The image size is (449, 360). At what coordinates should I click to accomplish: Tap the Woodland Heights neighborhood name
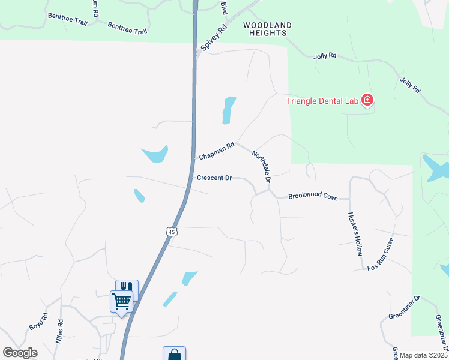tap(267, 29)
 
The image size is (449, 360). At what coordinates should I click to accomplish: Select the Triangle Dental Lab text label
tap(322, 101)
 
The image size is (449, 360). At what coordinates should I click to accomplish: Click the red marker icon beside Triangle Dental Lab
tap(367, 101)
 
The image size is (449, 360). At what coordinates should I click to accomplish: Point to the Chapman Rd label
tap(216, 151)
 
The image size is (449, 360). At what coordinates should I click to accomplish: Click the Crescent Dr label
tap(214, 178)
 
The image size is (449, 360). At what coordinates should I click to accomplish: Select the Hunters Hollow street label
tap(355, 234)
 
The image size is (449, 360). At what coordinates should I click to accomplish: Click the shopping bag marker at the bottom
tap(174, 354)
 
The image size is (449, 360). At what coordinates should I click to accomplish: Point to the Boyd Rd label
tap(38, 322)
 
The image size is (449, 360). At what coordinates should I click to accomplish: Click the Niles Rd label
tap(60, 330)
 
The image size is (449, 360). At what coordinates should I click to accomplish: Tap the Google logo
tap(20, 353)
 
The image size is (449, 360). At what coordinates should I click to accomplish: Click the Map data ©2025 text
tap(423, 355)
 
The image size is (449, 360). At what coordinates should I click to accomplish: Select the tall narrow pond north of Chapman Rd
tap(228, 110)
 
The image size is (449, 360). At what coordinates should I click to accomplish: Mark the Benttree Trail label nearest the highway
tap(127, 28)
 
